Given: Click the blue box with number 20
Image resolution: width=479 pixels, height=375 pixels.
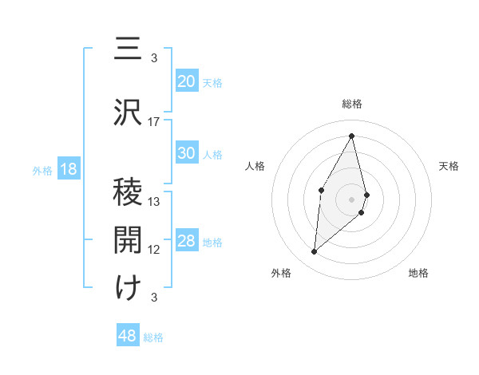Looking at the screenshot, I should click(187, 81).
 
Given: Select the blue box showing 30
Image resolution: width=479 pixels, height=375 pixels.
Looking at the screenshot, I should click(187, 153).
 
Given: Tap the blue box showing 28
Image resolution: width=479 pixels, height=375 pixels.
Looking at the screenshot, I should click(187, 241).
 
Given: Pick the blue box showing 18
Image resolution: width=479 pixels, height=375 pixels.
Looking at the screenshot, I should click(68, 169).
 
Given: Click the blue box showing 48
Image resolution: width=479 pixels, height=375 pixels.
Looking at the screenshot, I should click(128, 336).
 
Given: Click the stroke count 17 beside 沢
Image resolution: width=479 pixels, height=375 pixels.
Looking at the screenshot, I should click(154, 121).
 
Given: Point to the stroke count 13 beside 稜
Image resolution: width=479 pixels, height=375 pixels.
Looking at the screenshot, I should click(154, 201).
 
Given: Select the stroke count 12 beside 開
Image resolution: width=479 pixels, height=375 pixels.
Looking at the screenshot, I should click(154, 250).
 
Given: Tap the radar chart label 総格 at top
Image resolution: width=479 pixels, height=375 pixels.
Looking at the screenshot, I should click(352, 104).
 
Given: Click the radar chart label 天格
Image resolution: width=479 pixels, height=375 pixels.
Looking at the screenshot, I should click(449, 166).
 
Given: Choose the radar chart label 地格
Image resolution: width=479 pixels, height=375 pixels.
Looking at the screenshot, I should click(418, 273).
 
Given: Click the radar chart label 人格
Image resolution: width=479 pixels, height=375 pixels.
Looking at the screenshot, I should click(255, 166).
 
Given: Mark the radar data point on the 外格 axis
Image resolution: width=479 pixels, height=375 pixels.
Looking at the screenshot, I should click(315, 252).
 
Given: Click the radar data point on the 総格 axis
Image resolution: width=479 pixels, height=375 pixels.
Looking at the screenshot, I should click(352, 135).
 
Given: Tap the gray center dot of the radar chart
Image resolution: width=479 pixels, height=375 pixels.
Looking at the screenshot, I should click(352, 199).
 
